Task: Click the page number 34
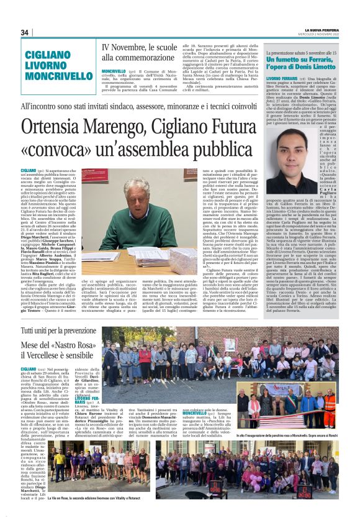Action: [25, 32]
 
